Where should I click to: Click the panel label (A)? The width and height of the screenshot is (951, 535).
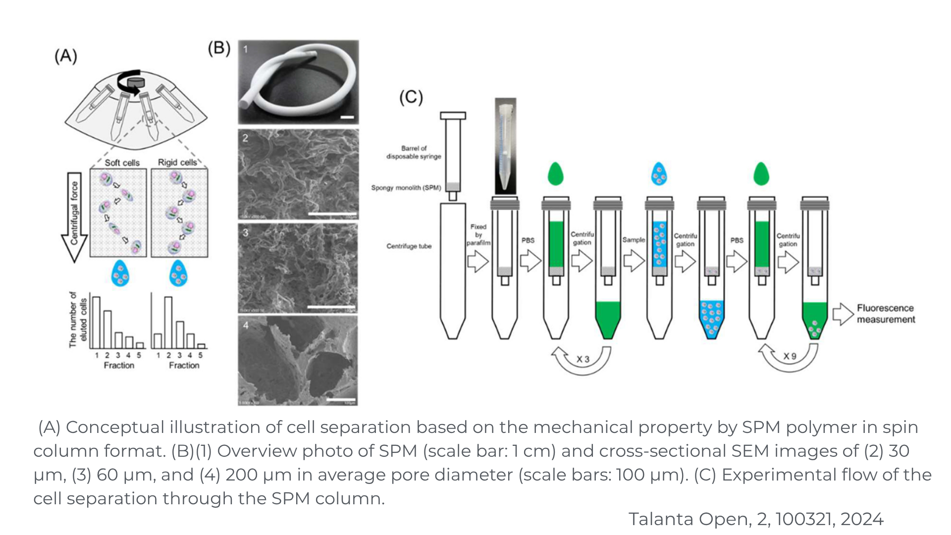pos(66,56)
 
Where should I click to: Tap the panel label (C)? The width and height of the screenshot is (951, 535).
pos(411,97)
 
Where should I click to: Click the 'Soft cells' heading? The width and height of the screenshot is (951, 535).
pos(122,162)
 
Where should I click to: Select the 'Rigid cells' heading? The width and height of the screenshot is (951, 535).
pos(177,162)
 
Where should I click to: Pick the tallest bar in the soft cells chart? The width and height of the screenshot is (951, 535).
pos(97,322)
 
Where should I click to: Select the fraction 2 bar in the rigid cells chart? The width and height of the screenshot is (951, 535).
pos(168,322)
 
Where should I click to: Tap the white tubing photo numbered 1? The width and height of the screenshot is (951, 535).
pos(298,82)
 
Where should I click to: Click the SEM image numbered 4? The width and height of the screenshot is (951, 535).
pos(298,361)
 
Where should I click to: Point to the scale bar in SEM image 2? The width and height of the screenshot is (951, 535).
pos(332,214)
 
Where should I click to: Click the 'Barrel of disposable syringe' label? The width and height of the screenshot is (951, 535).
pos(414,152)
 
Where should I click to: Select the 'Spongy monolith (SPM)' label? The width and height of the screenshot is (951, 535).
pos(406,188)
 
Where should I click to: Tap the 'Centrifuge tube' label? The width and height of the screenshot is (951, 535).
pos(409,246)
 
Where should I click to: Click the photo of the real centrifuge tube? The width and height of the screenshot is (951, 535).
pos(505,146)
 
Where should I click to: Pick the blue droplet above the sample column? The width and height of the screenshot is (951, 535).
pos(659,173)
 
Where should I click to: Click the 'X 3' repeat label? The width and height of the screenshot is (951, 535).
pos(583,359)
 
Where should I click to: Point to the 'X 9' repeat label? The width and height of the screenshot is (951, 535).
pos(790,356)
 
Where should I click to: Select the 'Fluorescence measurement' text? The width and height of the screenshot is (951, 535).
pos(886,314)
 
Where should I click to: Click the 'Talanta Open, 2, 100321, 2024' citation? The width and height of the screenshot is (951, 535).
pos(756,519)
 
